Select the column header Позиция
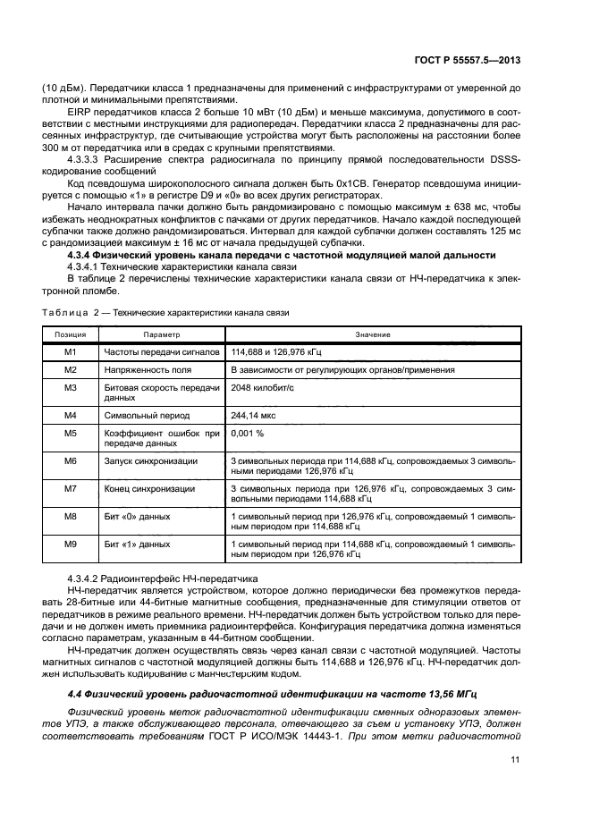click(x=70, y=334)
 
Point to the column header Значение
click(x=372, y=334)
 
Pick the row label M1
click(x=71, y=352)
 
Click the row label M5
click(x=71, y=433)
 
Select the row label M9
click(x=71, y=543)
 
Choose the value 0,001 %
click(x=247, y=433)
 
